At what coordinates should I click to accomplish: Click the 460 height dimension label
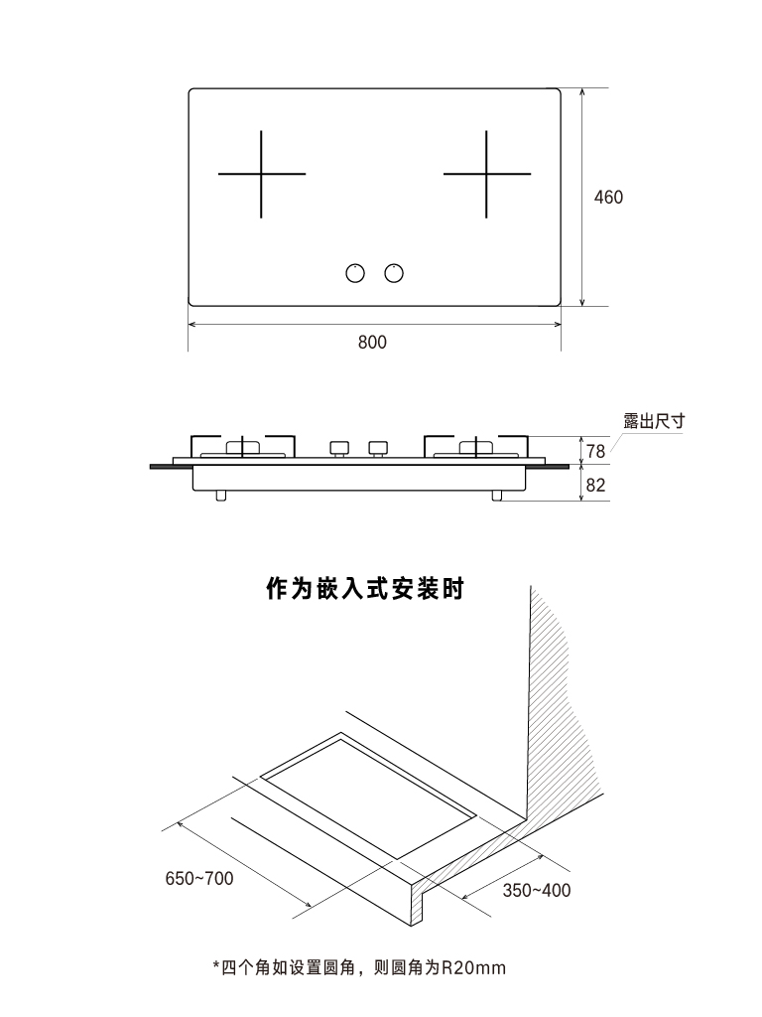click(x=608, y=198)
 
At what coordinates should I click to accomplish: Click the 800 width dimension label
click(x=372, y=342)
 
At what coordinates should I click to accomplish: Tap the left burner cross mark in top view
click(x=262, y=174)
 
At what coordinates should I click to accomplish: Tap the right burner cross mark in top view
click(x=487, y=174)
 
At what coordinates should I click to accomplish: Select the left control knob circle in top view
click(x=354, y=273)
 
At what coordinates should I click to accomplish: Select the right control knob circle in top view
click(x=395, y=273)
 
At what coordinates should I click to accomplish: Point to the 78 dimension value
click(x=595, y=452)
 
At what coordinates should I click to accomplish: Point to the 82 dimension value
click(x=595, y=486)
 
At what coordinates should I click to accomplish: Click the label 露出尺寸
click(x=654, y=421)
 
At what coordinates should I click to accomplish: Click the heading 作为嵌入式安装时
click(x=365, y=590)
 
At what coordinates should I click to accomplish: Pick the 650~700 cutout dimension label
click(x=199, y=878)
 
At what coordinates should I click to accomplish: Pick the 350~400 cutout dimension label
click(x=536, y=890)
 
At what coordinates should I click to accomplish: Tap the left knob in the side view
click(x=339, y=448)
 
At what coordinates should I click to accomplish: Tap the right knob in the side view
click(x=377, y=448)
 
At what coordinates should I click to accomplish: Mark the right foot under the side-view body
click(x=497, y=495)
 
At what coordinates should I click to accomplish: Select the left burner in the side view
click(x=244, y=448)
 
